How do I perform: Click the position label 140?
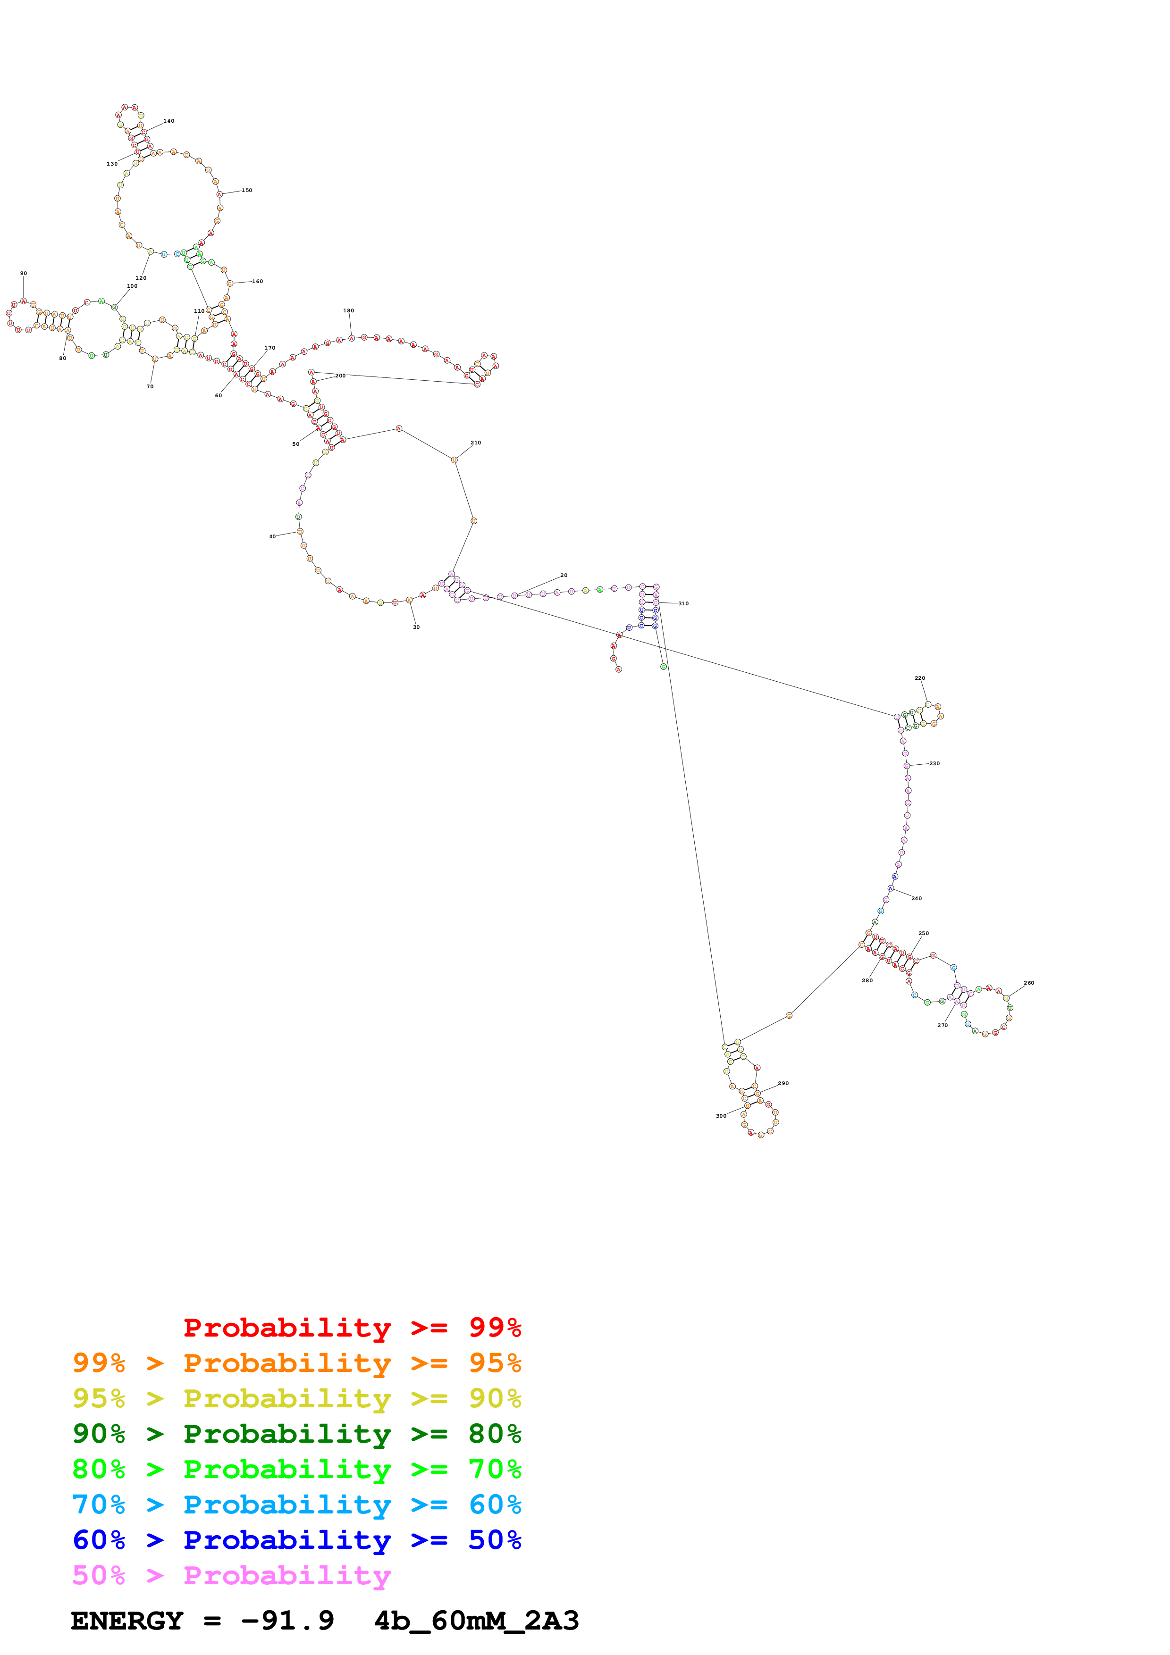(x=168, y=121)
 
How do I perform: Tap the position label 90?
(x=23, y=273)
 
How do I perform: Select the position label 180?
(x=348, y=311)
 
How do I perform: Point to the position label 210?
(x=476, y=443)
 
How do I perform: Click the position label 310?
(x=683, y=603)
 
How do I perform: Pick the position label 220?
(x=920, y=678)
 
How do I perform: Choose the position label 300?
(x=721, y=1116)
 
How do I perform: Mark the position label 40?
(x=272, y=536)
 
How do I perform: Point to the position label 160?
(x=257, y=281)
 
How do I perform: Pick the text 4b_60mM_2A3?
(x=477, y=1621)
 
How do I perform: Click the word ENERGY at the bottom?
(x=127, y=1621)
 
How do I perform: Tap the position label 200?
(x=340, y=376)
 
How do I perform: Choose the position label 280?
(x=867, y=980)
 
